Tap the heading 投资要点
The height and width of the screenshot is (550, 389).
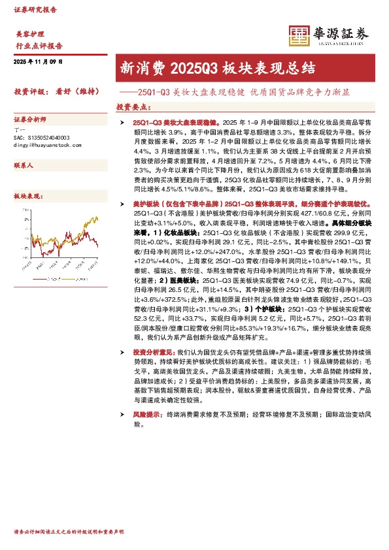(x=134, y=106)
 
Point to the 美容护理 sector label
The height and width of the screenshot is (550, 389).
(x=29, y=33)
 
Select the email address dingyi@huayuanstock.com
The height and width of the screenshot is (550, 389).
(x=46, y=144)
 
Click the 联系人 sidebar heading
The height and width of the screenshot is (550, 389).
(x=24, y=166)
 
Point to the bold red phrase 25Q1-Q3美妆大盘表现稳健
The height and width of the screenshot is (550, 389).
(x=177, y=122)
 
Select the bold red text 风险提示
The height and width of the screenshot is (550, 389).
(x=147, y=414)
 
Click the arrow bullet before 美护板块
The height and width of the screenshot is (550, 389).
(x=122, y=204)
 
